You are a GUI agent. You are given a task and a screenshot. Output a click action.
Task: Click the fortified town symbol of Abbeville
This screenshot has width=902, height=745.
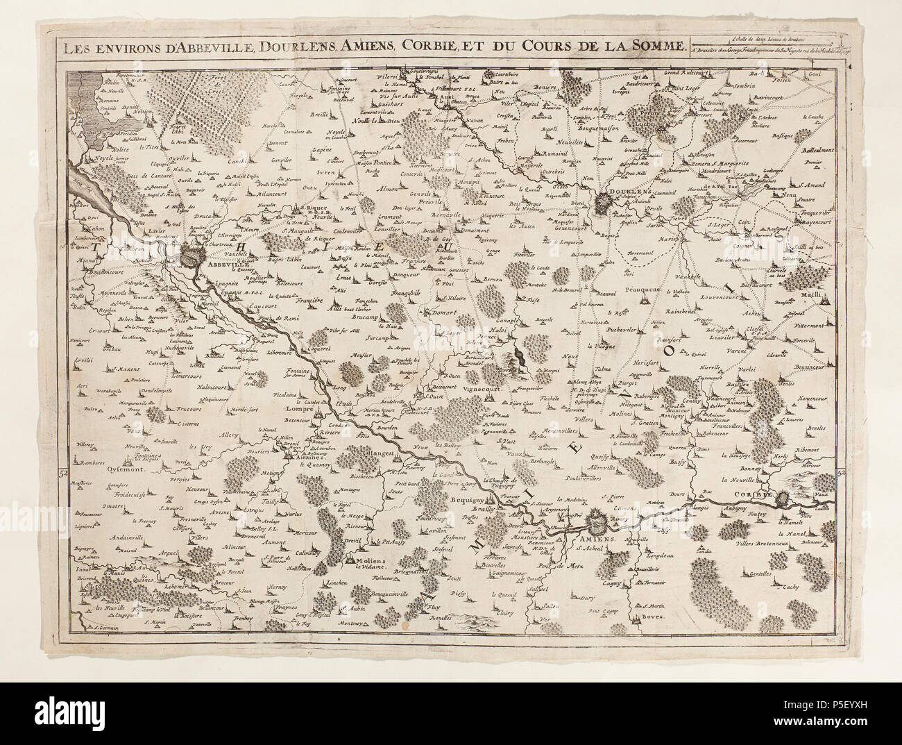(x=192, y=258)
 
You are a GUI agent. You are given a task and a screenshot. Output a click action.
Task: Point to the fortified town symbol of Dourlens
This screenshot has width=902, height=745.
(x=623, y=203)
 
